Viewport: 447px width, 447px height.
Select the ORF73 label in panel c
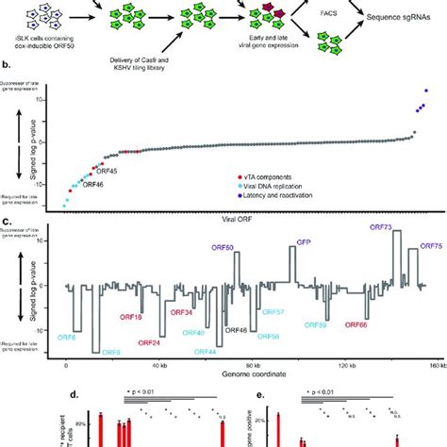pos(383,227)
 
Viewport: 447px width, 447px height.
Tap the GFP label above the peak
pos(304,242)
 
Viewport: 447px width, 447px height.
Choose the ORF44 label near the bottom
pos(206,352)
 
